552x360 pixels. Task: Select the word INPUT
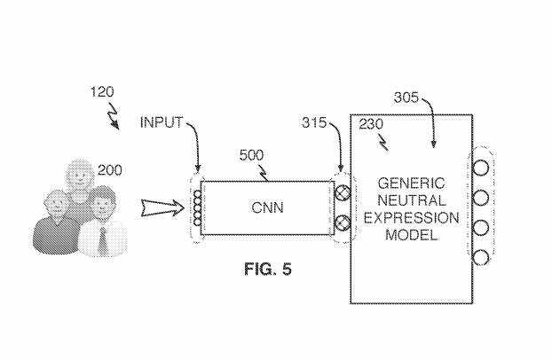pyautogui.click(x=161, y=123)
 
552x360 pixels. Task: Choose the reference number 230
pyautogui.click(x=371, y=125)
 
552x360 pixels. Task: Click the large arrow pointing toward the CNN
pyautogui.click(x=163, y=209)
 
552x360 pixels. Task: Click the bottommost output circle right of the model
pyautogui.click(x=480, y=258)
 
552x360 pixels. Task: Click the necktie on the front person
pyautogui.click(x=103, y=237)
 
